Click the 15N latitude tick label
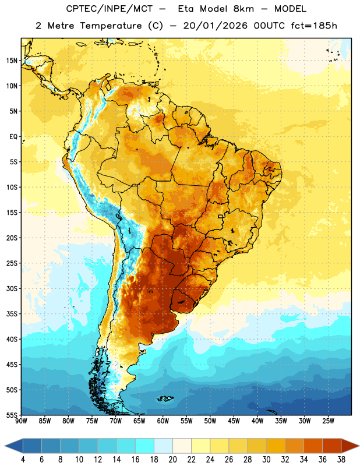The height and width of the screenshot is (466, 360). [12, 61]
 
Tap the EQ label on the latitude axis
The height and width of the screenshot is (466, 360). [13, 137]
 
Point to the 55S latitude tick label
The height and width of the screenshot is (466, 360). [12, 415]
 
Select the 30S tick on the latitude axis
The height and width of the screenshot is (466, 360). [12, 288]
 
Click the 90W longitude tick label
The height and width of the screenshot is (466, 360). [21, 421]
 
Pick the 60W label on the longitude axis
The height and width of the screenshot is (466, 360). [163, 421]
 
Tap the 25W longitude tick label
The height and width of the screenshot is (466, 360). [328, 421]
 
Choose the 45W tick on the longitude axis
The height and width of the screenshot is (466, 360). [234, 421]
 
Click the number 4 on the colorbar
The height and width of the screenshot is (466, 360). [23, 460]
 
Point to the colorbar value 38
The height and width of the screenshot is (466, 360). [341, 460]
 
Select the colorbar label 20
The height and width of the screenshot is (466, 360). [172, 460]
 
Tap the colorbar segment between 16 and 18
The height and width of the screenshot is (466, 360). [144, 446]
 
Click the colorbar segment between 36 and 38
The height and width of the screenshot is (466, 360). [332, 446]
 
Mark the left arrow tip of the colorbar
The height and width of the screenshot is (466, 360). [5, 446]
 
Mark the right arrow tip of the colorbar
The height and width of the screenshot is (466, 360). [359, 446]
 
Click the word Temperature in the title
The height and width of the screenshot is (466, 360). [111, 26]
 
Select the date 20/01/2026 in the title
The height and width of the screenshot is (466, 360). [215, 26]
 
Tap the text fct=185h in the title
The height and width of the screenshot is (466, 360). [314, 26]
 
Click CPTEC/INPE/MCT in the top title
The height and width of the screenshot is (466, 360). [110, 9]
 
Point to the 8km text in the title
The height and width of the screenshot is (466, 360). [243, 9]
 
